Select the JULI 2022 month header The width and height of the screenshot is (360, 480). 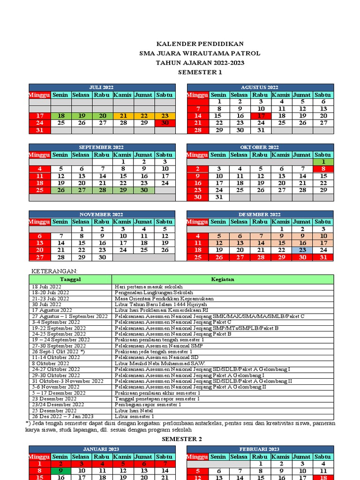[102, 87]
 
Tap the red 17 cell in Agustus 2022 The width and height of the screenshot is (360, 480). [260, 116]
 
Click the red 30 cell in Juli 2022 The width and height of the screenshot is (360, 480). [165, 123]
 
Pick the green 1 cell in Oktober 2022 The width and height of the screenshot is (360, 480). [323, 162]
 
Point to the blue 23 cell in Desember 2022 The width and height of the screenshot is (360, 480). [302, 250]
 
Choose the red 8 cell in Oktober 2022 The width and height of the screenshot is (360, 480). [323, 169]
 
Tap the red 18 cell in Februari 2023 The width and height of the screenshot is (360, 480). [323, 478]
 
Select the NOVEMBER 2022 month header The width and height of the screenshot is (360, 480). [102, 214]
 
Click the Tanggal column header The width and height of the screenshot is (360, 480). [70, 279]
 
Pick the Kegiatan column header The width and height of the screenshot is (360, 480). [223, 279]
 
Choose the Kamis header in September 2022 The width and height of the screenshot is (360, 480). [122, 155]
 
